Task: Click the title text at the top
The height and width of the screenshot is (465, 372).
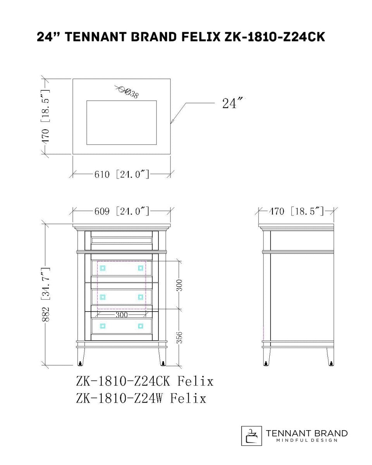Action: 181,37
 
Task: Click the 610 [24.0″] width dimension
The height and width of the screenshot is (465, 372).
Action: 122,174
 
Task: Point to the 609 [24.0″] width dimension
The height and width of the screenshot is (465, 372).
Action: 122,211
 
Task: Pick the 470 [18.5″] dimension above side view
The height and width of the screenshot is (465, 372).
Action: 296,211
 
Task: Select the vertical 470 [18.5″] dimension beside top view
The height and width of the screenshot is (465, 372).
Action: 46,116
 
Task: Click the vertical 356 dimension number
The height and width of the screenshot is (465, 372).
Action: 179,337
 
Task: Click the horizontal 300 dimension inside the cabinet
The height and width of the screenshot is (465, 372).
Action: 122,315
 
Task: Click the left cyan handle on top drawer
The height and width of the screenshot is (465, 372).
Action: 103,268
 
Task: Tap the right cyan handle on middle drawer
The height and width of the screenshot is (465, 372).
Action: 140,297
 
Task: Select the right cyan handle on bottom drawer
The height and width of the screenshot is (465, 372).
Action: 140,326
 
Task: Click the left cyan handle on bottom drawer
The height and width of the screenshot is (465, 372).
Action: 103,326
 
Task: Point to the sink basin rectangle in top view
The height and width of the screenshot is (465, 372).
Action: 122,122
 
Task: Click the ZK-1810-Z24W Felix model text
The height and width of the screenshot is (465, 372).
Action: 141,398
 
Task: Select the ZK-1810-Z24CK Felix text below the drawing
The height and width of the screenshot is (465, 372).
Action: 145,381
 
